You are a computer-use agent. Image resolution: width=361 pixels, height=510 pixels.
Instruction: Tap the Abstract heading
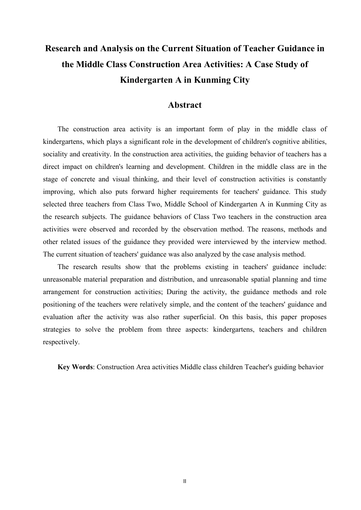tap(185, 105)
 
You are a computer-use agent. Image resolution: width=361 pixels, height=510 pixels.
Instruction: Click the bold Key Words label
tap(75, 367)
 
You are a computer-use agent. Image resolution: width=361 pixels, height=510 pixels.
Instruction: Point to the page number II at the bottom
tap(185, 481)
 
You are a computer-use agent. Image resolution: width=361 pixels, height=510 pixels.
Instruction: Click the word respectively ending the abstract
tap(61, 342)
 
